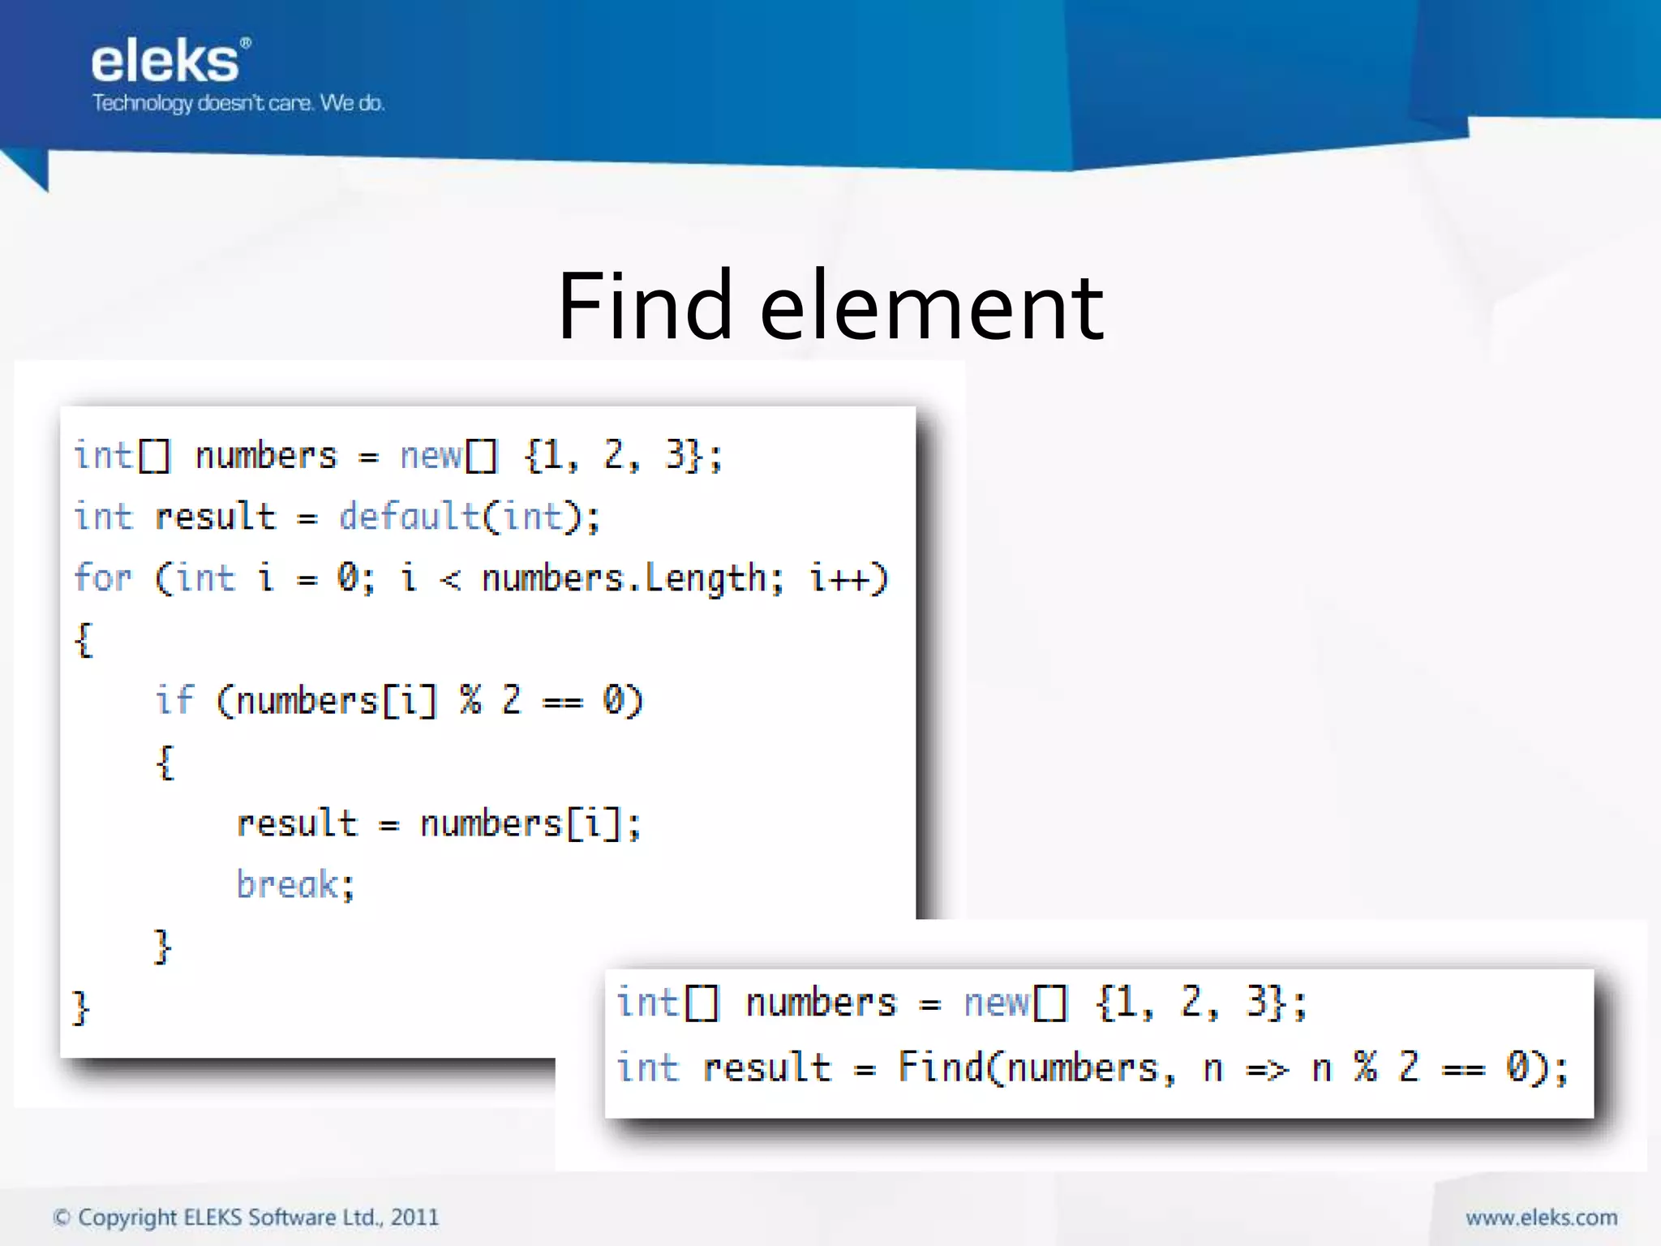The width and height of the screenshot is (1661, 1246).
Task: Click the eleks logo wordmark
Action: pyautogui.click(x=166, y=62)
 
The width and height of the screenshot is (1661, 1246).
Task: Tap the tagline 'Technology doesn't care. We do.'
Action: pyautogui.click(x=238, y=103)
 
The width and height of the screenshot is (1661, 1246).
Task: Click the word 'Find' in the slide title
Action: pyautogui.click(x=644, y=307)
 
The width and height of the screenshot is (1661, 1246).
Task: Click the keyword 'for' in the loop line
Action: pyautogui.click(x=102, y=578)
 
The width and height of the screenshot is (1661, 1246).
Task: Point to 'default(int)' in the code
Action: pyautogui.click(x=469, y=517)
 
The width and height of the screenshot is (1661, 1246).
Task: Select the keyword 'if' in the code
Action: pyautogui.click(x=174, y=700)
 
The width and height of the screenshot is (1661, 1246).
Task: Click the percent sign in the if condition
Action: pyautogui.click(x=470, y=700)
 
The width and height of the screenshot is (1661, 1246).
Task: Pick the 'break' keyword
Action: pyautogui.click(x=287, y=884)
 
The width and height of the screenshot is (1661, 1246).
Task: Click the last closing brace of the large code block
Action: pyautogui.click(x=80, y=1008)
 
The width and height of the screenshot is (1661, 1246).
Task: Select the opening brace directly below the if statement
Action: pyautogui.click(x=165, y=763)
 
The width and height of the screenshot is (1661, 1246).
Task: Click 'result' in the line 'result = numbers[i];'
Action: pyautogui.click(x=297, y=823)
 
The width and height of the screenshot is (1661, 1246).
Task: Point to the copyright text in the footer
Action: pyautogui.click(x=246, y=1218)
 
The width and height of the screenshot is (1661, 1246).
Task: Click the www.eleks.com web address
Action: pyautogui.click(x=1541, y=1218)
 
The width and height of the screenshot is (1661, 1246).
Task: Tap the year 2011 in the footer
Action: pyautogui.click(x=414, y=1218)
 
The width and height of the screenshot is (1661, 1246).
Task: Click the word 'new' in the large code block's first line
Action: pyautogui.click(x=431, y=456)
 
